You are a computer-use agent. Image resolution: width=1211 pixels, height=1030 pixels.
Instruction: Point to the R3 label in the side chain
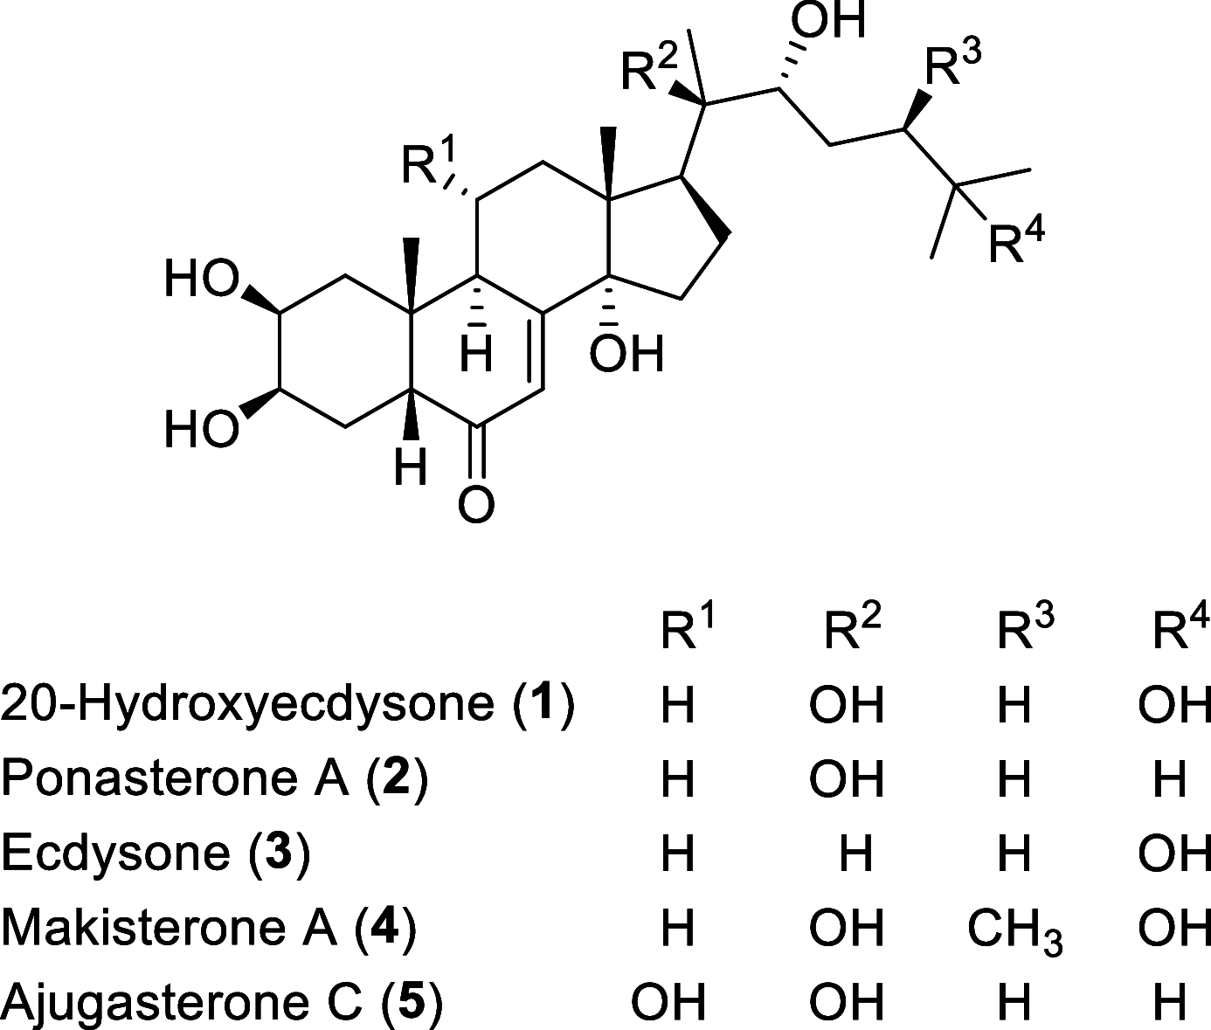[x=953, y=66]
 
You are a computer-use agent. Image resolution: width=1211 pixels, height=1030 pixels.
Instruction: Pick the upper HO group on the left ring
[x=201, y=282]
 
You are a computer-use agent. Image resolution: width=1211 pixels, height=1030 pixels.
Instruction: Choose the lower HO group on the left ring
[x=201, y=431]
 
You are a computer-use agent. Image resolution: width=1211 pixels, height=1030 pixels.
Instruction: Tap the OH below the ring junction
[x=626, y=354]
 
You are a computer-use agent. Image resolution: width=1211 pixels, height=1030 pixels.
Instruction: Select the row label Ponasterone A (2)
[x=215, y=779]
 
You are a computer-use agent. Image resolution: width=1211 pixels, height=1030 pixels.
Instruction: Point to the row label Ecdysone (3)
[x=156, y=854]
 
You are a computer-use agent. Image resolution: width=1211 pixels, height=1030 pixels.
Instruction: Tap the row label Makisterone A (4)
[x=208, y=928]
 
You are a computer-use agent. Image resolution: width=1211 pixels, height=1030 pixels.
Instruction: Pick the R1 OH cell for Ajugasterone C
[x=668, y=1002]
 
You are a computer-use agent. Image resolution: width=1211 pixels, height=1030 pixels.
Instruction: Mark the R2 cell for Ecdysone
[x=855, y=854]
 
